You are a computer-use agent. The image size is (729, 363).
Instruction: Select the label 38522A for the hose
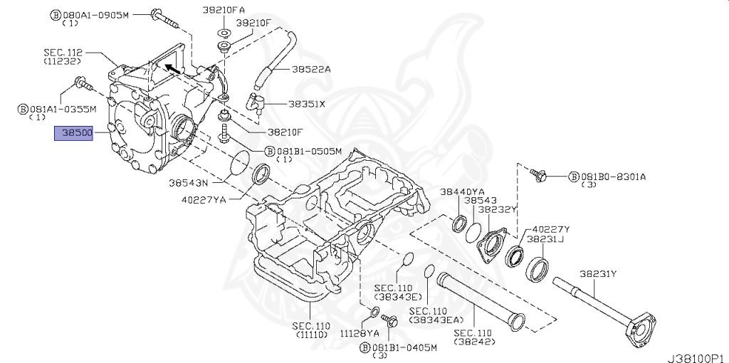(310, 69)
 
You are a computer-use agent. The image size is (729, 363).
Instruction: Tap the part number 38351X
(306, 103)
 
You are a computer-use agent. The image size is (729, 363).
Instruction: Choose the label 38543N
(188, 182)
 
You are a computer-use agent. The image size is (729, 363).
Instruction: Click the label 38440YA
(461, 191)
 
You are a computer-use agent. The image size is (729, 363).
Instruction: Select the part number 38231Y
(597, 273)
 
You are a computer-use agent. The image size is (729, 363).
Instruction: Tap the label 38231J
(545, 239)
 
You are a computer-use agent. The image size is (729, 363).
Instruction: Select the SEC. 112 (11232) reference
(63, 56)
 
